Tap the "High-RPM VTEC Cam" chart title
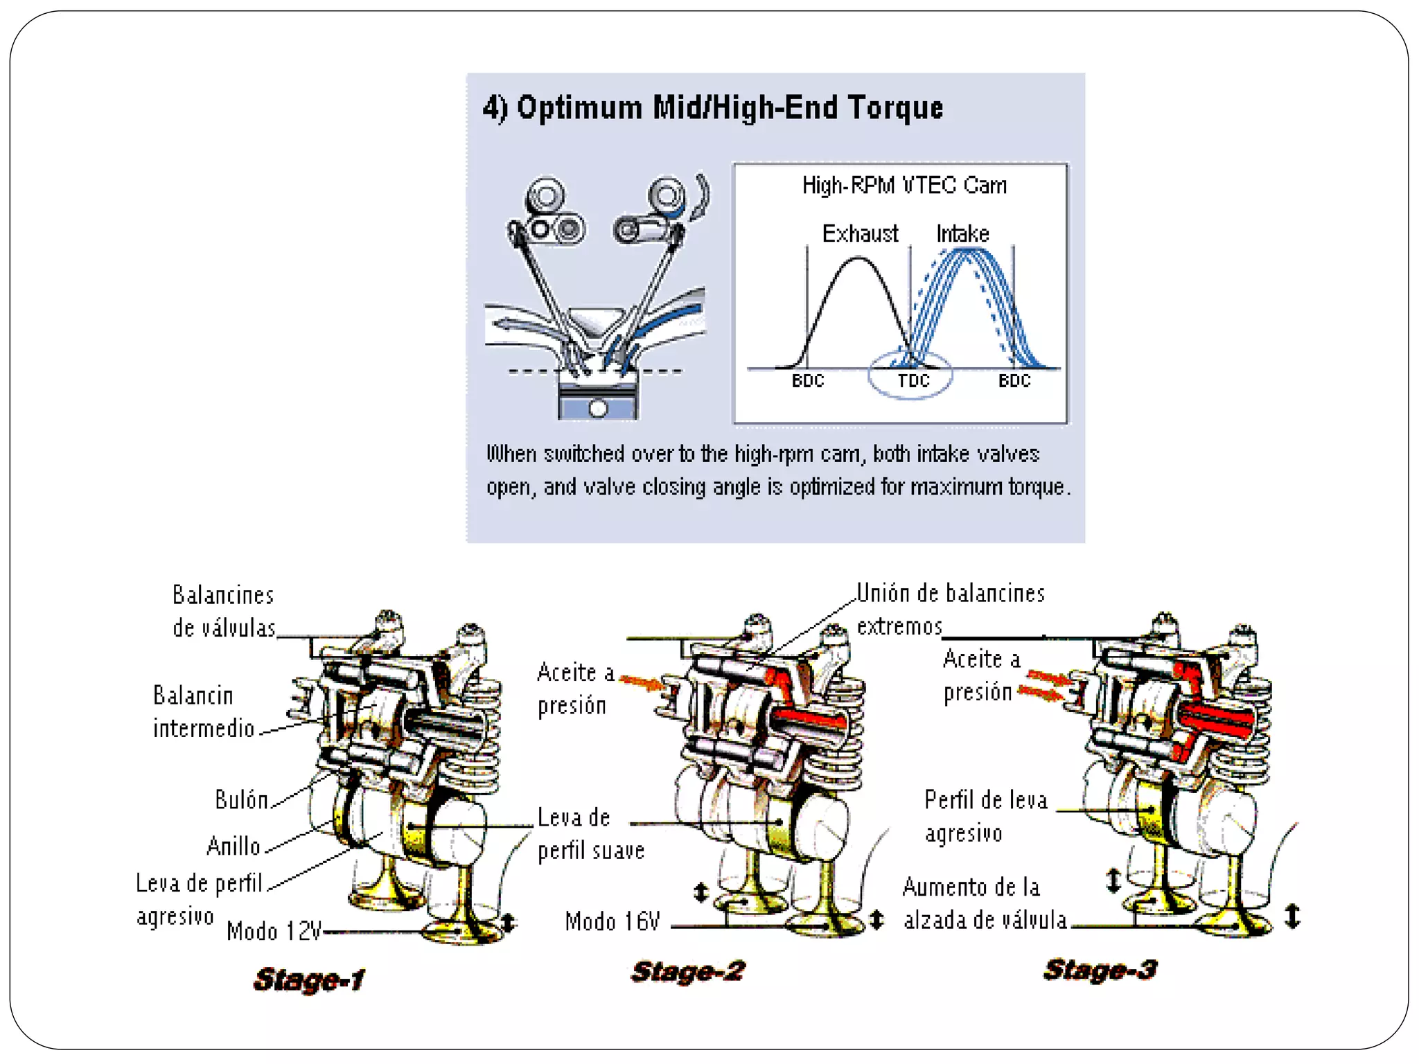pyautogui.click(x=904, y=186)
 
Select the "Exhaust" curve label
pyautogui.click(x=860, y=234)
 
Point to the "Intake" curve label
pyautogui.click(x=962, y=234)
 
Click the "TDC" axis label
pyautogui.click(x=913, y=381)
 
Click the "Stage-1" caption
pyautogui.click(x=308, y=979)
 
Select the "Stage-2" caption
pyautogui.click(x=687, y=971)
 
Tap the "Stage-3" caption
pyautogui.click(x=1100, y=970)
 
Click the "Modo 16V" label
pyautogui.click(x=612, y=922)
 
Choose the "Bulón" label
pyautogui.click(x=241, y=800)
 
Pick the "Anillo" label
pyautogui.click(x=233, y=846)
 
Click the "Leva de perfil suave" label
pyautogui.click(x=590, y=834)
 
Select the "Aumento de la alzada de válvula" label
pyautogui.click(x=984, y=904)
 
